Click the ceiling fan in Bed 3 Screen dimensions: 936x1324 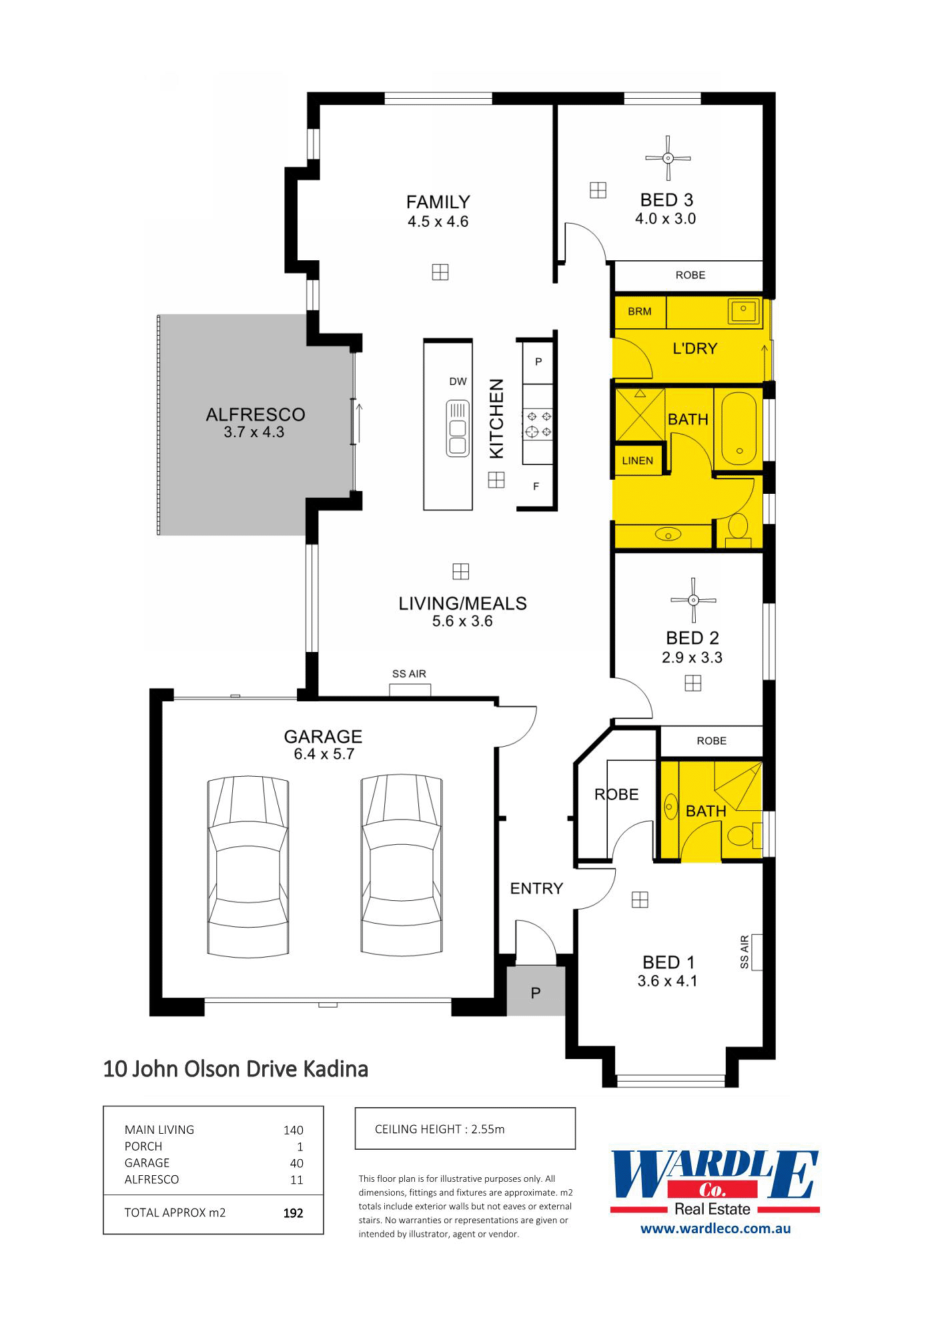(668, 158)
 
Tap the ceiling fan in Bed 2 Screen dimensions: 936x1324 (694, 600)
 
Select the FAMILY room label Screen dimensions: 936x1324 (438, 202)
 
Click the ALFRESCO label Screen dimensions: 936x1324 (256, 414)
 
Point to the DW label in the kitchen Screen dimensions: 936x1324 (458, 382)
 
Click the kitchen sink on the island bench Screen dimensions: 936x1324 (458, 428)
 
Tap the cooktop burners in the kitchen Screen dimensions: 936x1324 (538, 424)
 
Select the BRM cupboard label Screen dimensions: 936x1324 (640, 311)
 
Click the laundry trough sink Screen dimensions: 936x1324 (744, 310)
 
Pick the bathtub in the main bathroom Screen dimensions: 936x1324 (739, 431)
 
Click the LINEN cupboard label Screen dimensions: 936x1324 (638, 460)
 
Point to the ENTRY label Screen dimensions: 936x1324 (536, 888)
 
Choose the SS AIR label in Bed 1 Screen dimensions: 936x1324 (745, 952)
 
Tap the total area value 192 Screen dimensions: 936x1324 (294, 1213)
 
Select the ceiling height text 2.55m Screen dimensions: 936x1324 (488, 1129)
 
